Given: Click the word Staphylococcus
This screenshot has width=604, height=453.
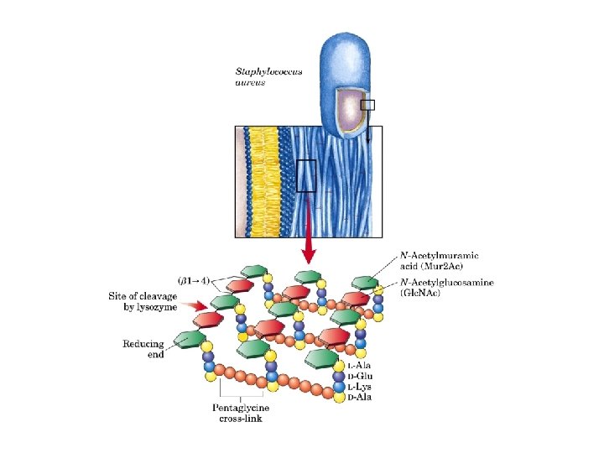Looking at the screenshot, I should (x=270, y=74).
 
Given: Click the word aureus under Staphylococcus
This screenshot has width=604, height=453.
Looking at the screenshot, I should (x=252, y=84).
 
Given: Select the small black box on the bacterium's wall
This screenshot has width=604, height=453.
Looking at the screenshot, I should (x=367, y=105).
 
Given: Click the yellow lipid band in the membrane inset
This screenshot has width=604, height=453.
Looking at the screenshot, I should (x=262, y=180).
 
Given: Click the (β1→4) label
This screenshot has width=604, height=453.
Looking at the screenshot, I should (x=193, y=278).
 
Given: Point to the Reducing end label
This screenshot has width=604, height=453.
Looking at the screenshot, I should (x=143, y=349).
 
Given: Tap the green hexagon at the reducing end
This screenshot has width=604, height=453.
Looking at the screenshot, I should (x=190, y=338).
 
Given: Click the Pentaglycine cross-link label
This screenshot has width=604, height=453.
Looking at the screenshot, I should (x=242, y=413).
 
